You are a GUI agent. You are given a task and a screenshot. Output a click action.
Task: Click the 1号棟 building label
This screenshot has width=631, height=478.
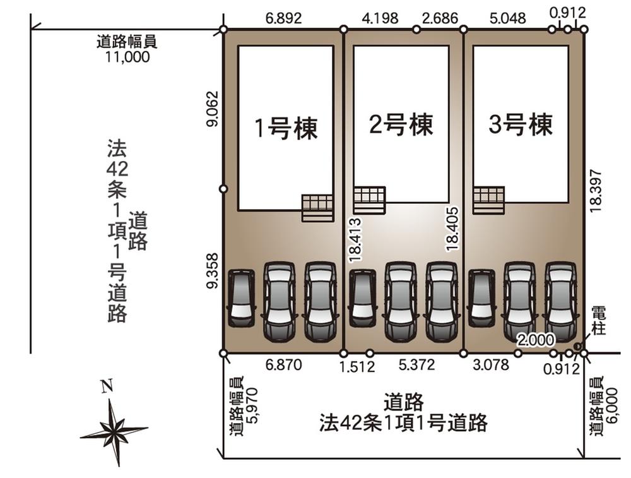(x=286, y=128)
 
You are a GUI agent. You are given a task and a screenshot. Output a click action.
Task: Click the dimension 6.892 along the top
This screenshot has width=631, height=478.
(x=283, y=18)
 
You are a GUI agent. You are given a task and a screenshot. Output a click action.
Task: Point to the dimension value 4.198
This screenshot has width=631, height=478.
(x=380, y=18)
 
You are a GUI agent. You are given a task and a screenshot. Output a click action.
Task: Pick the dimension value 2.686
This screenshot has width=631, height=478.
(x=440, y=18)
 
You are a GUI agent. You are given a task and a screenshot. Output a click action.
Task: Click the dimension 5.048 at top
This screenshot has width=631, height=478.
(x=507, y=18)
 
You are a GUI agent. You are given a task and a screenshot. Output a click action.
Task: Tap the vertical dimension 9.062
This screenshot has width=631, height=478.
(x=212, y=109)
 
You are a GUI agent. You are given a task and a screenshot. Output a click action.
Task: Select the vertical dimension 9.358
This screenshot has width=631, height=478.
(x=212, y=271)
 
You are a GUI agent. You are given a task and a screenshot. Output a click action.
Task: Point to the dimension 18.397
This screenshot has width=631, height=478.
(x=596, y=191)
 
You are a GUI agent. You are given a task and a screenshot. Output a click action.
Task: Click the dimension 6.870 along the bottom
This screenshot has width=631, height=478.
(x=283, y=365)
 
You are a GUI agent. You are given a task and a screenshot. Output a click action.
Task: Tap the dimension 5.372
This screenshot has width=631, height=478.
(x=416, y=365)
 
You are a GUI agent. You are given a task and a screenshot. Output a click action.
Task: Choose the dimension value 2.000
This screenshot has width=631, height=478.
(x=536, y=340)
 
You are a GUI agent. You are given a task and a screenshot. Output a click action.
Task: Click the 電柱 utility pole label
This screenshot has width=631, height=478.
(x=599, y=321)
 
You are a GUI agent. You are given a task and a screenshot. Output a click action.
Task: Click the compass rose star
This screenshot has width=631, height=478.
(x=114, y=430)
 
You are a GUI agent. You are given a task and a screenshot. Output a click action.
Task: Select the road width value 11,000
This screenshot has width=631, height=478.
(x=127, y=57)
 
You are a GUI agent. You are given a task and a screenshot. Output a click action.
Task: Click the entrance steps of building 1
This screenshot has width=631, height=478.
(x=317, y=208)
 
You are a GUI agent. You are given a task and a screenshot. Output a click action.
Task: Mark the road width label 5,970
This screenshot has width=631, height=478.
(x=253, y=405)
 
